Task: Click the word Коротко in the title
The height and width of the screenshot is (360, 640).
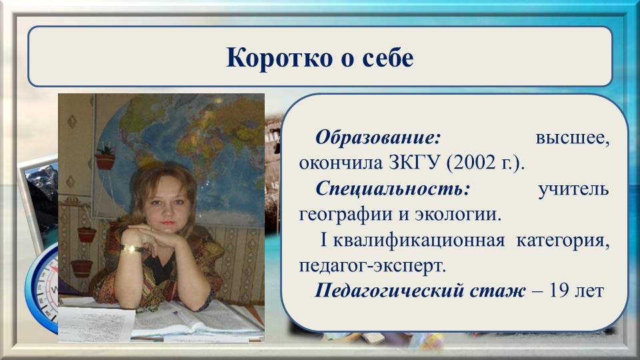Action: pos(279,57)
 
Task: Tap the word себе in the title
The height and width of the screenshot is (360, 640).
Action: pos(388,57)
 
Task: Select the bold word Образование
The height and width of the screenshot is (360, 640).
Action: pos(378,137)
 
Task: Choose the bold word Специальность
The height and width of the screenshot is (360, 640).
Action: pos(393,189)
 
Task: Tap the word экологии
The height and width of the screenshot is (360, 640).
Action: pos(458,214)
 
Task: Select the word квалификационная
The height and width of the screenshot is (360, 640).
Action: pos(419,240)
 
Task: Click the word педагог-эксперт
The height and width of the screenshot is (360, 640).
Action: pos(373,266)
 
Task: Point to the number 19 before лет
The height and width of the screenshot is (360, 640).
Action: pos(559,291)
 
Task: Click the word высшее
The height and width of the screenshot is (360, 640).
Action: pos(573,138)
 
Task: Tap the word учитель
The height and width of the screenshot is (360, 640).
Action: pos(573,189)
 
